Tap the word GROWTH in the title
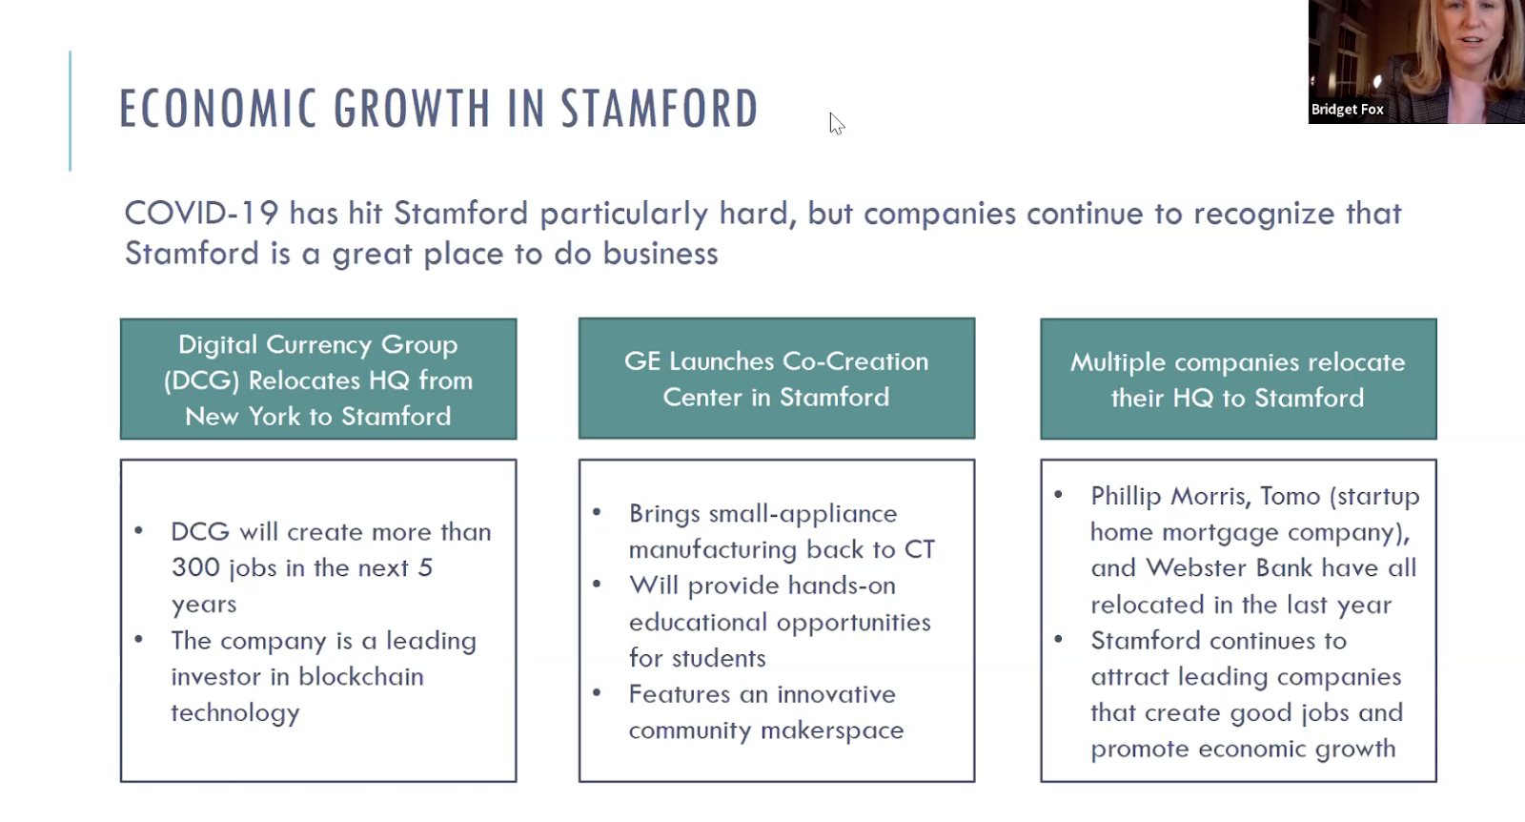coord(412,109)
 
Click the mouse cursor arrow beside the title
coord(837,124)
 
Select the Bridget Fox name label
coord(1347,110)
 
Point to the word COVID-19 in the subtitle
coord(201,214)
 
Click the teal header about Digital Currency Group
coord(318,380)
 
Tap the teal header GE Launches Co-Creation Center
coord(776,379)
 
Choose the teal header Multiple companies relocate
coord(1238,380)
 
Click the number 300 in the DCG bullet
coord(195,568)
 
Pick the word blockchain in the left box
coord(361,676)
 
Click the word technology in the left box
coord(234,713)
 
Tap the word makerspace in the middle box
coord(832,730)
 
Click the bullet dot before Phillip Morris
coord(1058,494)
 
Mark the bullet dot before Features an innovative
coord(597,692)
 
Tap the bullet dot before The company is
coord(139,639)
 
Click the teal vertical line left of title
coord(71,111)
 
